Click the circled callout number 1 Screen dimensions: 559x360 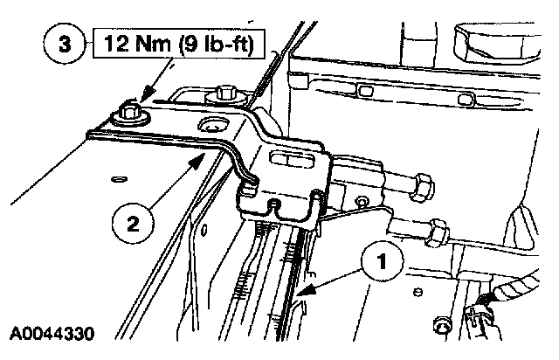click(380, 260)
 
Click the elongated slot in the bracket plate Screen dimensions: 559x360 click(295, 160)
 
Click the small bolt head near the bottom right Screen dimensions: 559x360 click(441, 329)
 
